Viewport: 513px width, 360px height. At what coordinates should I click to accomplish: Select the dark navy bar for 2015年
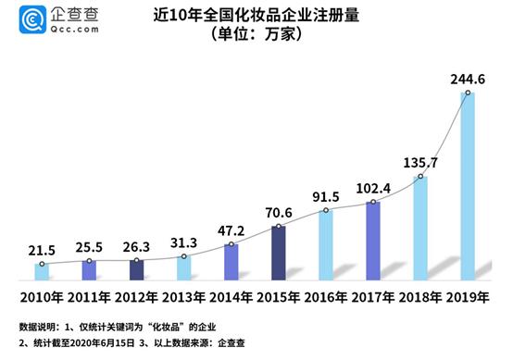click(x=279, y=252)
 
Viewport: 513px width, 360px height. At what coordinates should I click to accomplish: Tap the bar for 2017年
click(x=373, y=240)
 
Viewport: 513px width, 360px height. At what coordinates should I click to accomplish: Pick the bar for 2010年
click(x=42, y=271)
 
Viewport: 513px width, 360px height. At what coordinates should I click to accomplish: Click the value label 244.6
click(x=469, y=81)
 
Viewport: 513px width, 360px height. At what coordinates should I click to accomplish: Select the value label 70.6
click(x=278, y=212)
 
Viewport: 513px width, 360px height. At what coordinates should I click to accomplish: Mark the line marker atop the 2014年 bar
click(x=231, y=244)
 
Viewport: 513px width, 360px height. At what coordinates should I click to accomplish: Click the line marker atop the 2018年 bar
click(x=420, y=177)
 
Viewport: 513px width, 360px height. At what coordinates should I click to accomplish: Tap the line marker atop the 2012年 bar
click(x=136, y=260)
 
